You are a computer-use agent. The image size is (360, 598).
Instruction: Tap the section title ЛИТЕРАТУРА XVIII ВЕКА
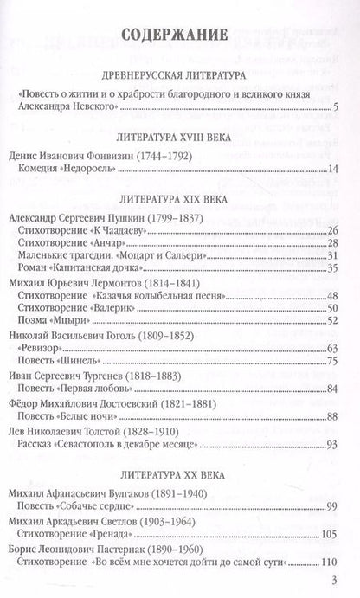(179, 137)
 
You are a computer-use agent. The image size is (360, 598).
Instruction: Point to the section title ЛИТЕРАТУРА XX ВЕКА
(179, 475)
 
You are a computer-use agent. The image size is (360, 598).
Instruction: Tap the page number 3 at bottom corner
(344, 579)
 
